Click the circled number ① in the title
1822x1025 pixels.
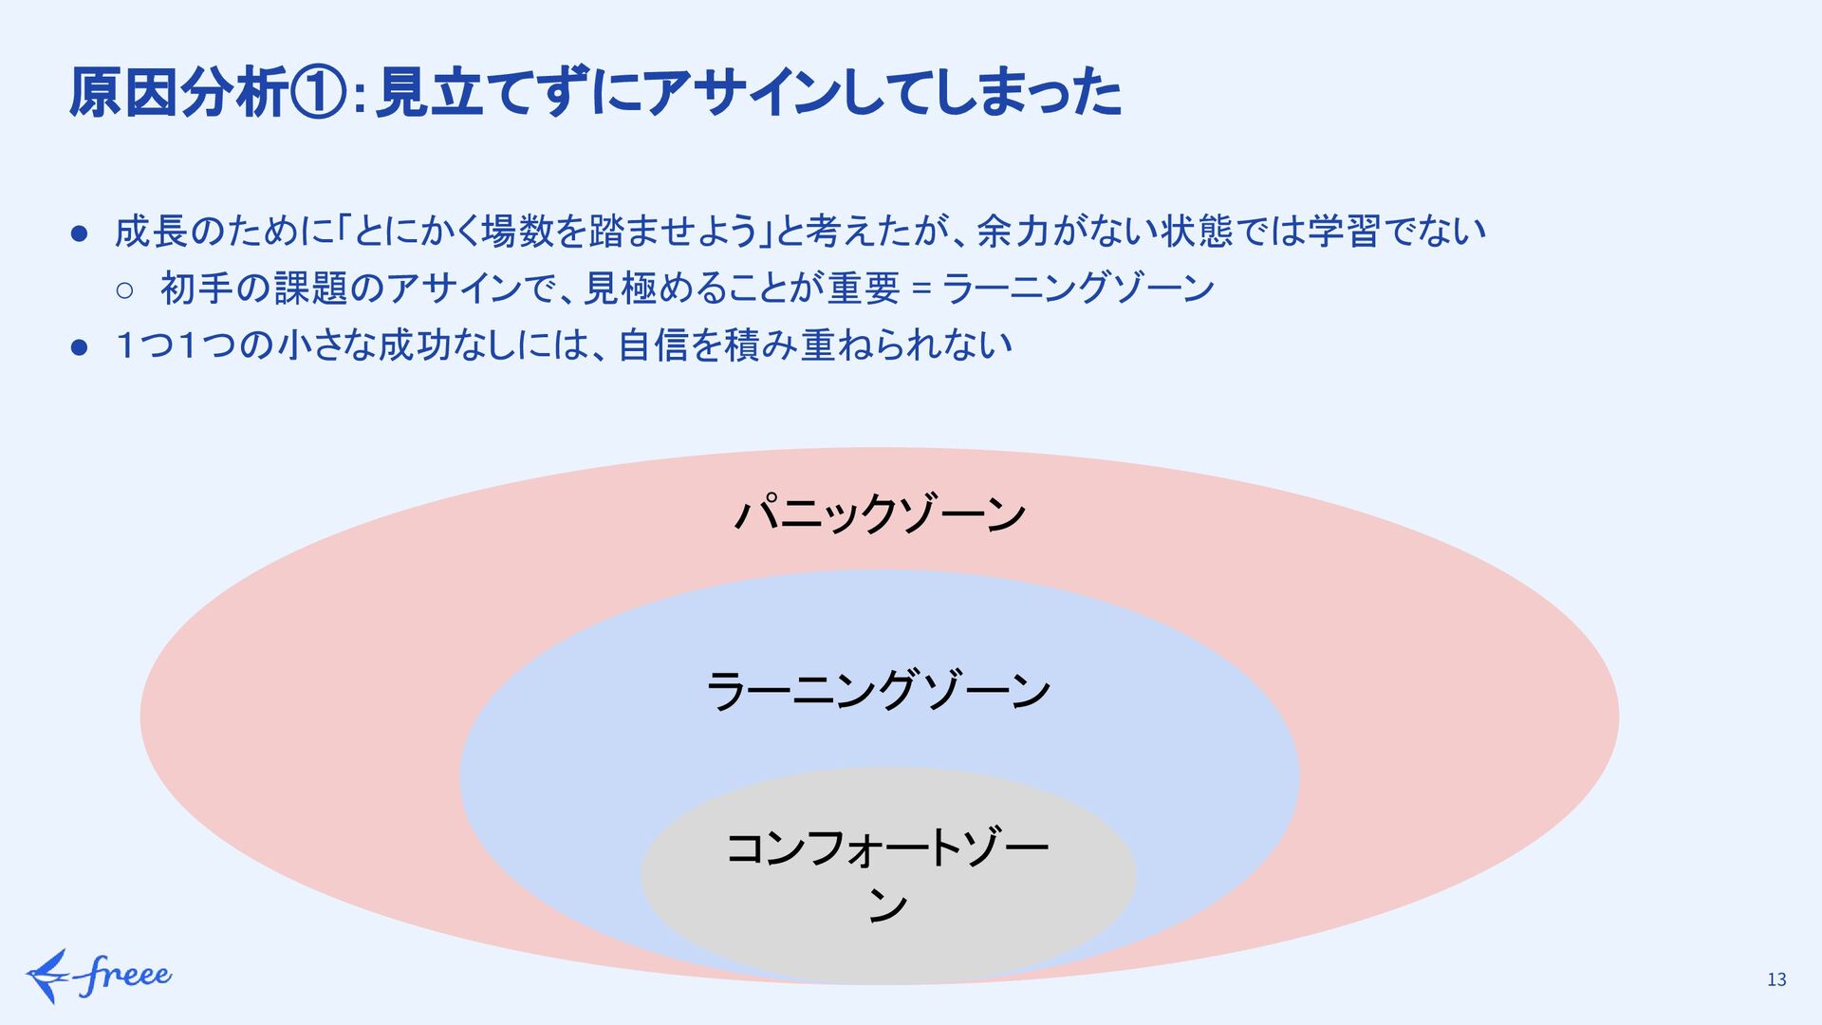[320, 93]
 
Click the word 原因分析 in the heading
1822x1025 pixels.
[178, 93]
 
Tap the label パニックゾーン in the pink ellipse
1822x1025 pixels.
[880, 513]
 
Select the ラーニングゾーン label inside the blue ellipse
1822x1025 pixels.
[879, 689]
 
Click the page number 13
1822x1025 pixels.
[1776, 979]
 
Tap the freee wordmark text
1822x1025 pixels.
[125, 975]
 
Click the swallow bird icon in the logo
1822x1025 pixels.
[47, 975]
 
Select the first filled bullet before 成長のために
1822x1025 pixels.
[80, 233]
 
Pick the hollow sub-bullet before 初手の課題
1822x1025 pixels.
[125, 289]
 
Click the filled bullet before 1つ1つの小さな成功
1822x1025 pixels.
[80, 346]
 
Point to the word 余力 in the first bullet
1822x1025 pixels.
[1013, 231]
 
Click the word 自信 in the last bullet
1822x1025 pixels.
[653, 345]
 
